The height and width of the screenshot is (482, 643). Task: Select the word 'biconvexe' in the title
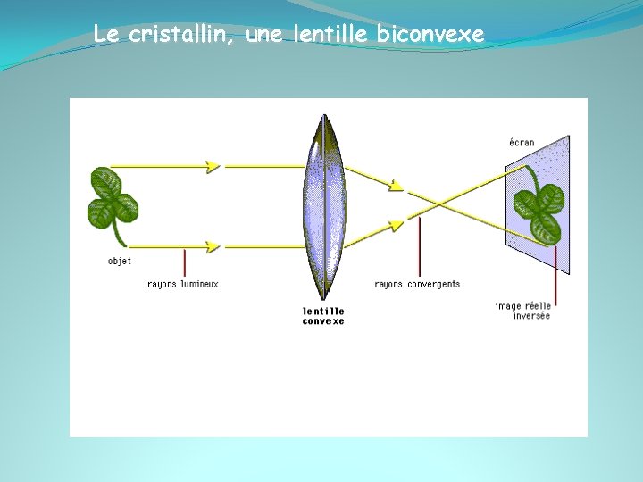(x=431, y=35)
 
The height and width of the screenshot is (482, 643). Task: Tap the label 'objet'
(x=119, y=261)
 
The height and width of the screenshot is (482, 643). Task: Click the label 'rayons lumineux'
(x=183, y=284)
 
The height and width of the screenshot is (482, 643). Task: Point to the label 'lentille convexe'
(x=323, y=316)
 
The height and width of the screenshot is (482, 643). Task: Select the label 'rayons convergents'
(x=417, y=284)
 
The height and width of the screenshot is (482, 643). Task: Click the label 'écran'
(x=522, y=142)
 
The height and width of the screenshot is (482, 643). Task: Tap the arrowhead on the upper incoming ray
(x=213, y=166)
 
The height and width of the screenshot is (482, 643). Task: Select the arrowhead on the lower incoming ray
(x=213, y=245)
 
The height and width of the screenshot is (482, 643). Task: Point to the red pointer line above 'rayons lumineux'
(x=185, y=262)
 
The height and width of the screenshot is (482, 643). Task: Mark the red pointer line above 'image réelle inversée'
(x=555, y=272)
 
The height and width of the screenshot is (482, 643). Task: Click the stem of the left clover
(x=117, y=235)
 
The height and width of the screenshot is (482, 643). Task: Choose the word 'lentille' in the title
(x=330, y=35)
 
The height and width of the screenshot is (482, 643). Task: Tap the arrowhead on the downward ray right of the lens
(x=396, y=186)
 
